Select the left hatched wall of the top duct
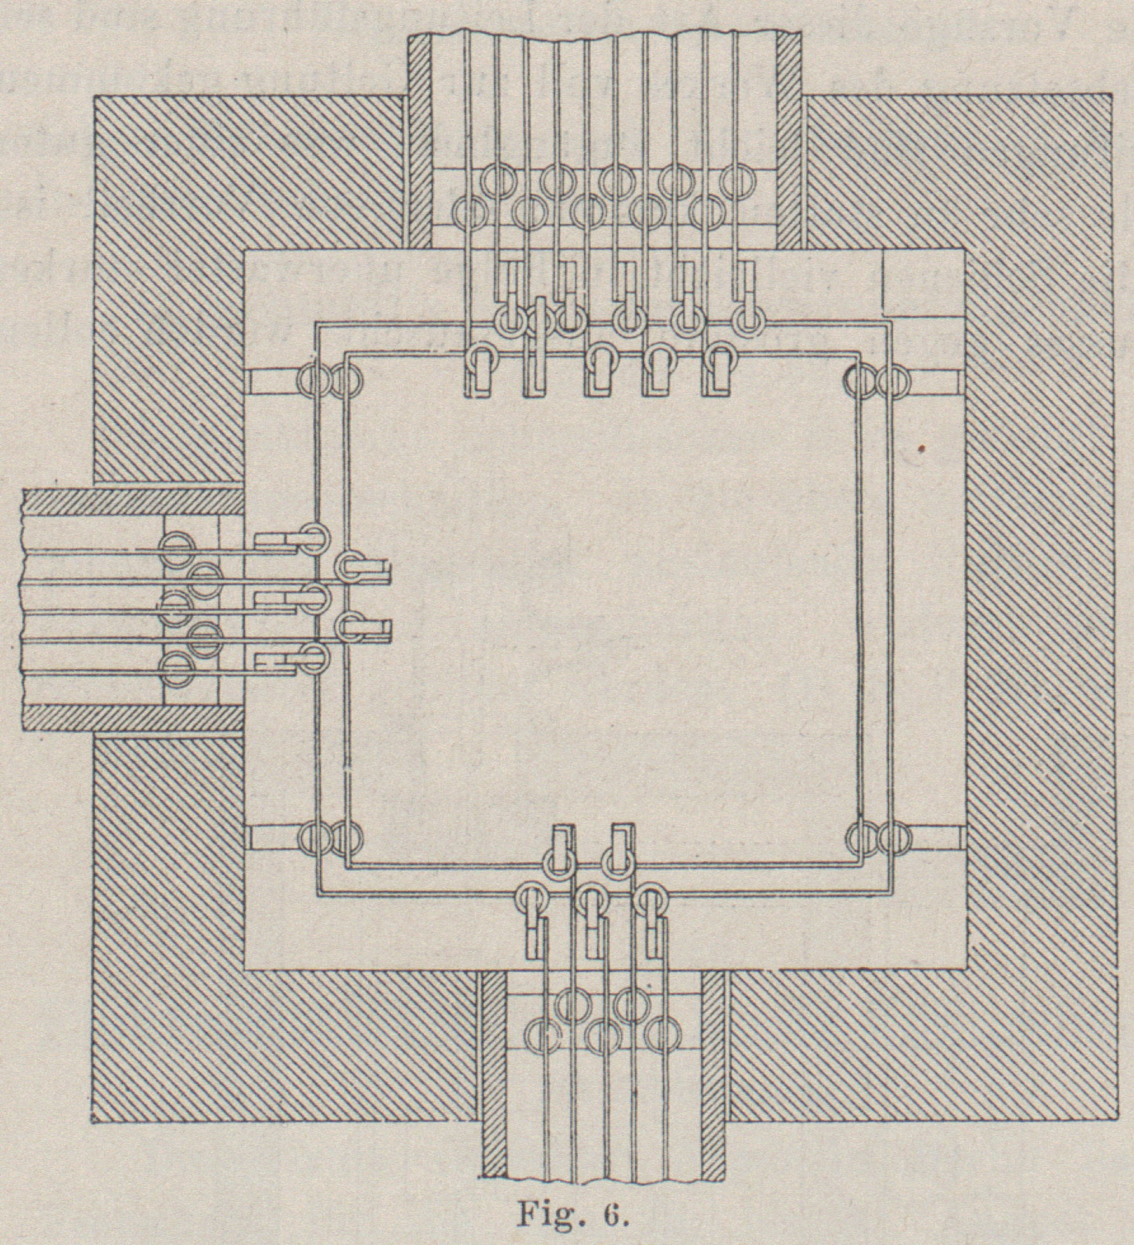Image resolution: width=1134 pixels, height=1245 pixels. [x=418, y=140]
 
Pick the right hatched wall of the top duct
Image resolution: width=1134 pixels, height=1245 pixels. [x=790, y=140]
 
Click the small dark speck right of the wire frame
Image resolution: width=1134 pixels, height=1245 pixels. [x=921, y=449]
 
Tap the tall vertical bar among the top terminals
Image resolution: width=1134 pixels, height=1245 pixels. [x=541, y=346]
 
